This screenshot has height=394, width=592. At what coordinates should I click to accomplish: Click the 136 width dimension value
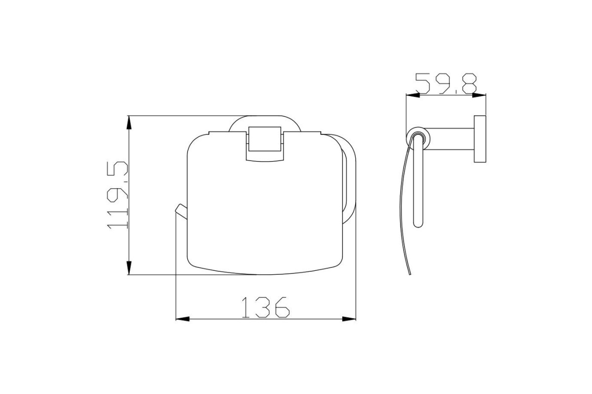265,307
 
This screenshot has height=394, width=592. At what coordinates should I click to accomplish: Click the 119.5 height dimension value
117,195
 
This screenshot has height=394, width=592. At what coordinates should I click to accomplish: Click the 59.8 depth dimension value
446,83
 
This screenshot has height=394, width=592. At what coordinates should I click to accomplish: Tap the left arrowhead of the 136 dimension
183,319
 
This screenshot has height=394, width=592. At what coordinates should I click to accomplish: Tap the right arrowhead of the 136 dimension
349,319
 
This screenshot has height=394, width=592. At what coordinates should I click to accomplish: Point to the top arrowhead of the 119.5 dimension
129,123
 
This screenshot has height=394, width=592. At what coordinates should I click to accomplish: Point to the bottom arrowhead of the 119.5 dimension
129,268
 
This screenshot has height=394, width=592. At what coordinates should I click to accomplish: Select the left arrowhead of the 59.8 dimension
413,95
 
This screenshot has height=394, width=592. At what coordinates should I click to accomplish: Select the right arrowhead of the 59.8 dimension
479,95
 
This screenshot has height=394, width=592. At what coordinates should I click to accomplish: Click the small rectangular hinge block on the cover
265,139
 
